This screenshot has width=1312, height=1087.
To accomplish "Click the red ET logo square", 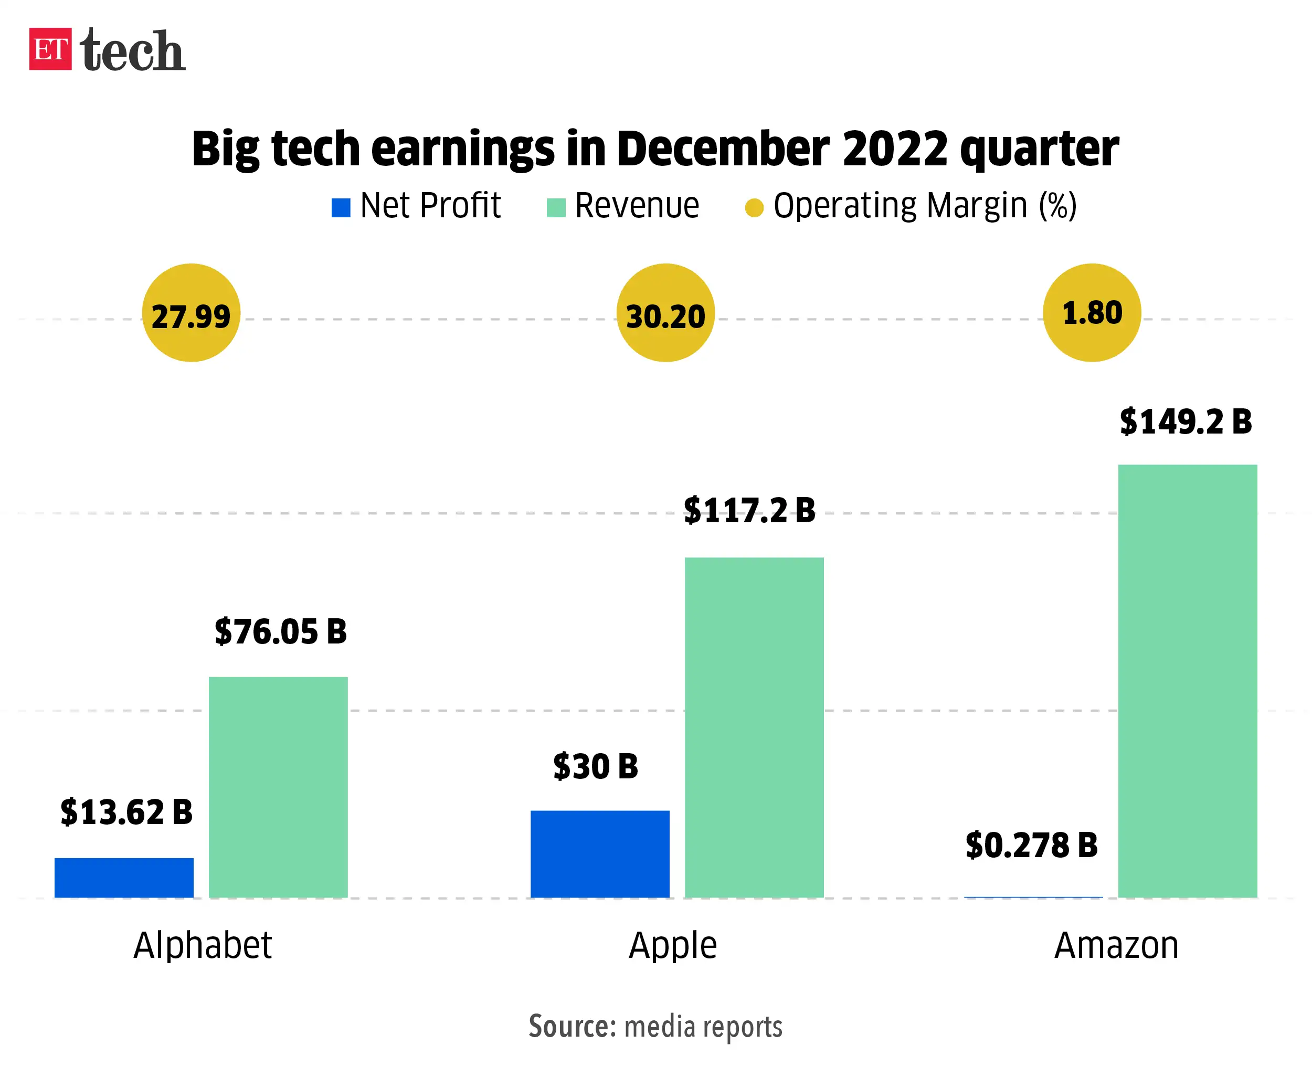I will tap(50, 49).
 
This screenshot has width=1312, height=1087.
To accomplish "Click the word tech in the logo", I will tap(132, 50).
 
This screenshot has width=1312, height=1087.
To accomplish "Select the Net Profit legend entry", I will tap(416, 206).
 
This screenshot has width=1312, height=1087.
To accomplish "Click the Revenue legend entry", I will tap(623, 206).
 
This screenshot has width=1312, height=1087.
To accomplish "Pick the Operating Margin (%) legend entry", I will tap(911, 206).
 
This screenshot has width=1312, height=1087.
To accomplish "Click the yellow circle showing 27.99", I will tap(191, 313).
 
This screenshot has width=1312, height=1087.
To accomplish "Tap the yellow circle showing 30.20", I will tap(665, 313).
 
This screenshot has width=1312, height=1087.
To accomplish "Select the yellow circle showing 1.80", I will tap(1092, 313).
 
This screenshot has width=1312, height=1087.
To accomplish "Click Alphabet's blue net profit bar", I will tap(124, 878).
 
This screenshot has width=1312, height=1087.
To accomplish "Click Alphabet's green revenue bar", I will tap(278, 787).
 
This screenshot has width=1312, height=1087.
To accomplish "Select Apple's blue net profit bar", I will tap(600, 854).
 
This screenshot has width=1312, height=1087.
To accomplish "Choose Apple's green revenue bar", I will tap(754, 728).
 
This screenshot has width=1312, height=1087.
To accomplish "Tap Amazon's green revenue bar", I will tap(1187, 681).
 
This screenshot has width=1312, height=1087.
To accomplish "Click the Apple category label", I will tap(673, 945).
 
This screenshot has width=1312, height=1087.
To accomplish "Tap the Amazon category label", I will tap(1116, 945).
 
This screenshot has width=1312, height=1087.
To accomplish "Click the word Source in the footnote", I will tap(572, 1027).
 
